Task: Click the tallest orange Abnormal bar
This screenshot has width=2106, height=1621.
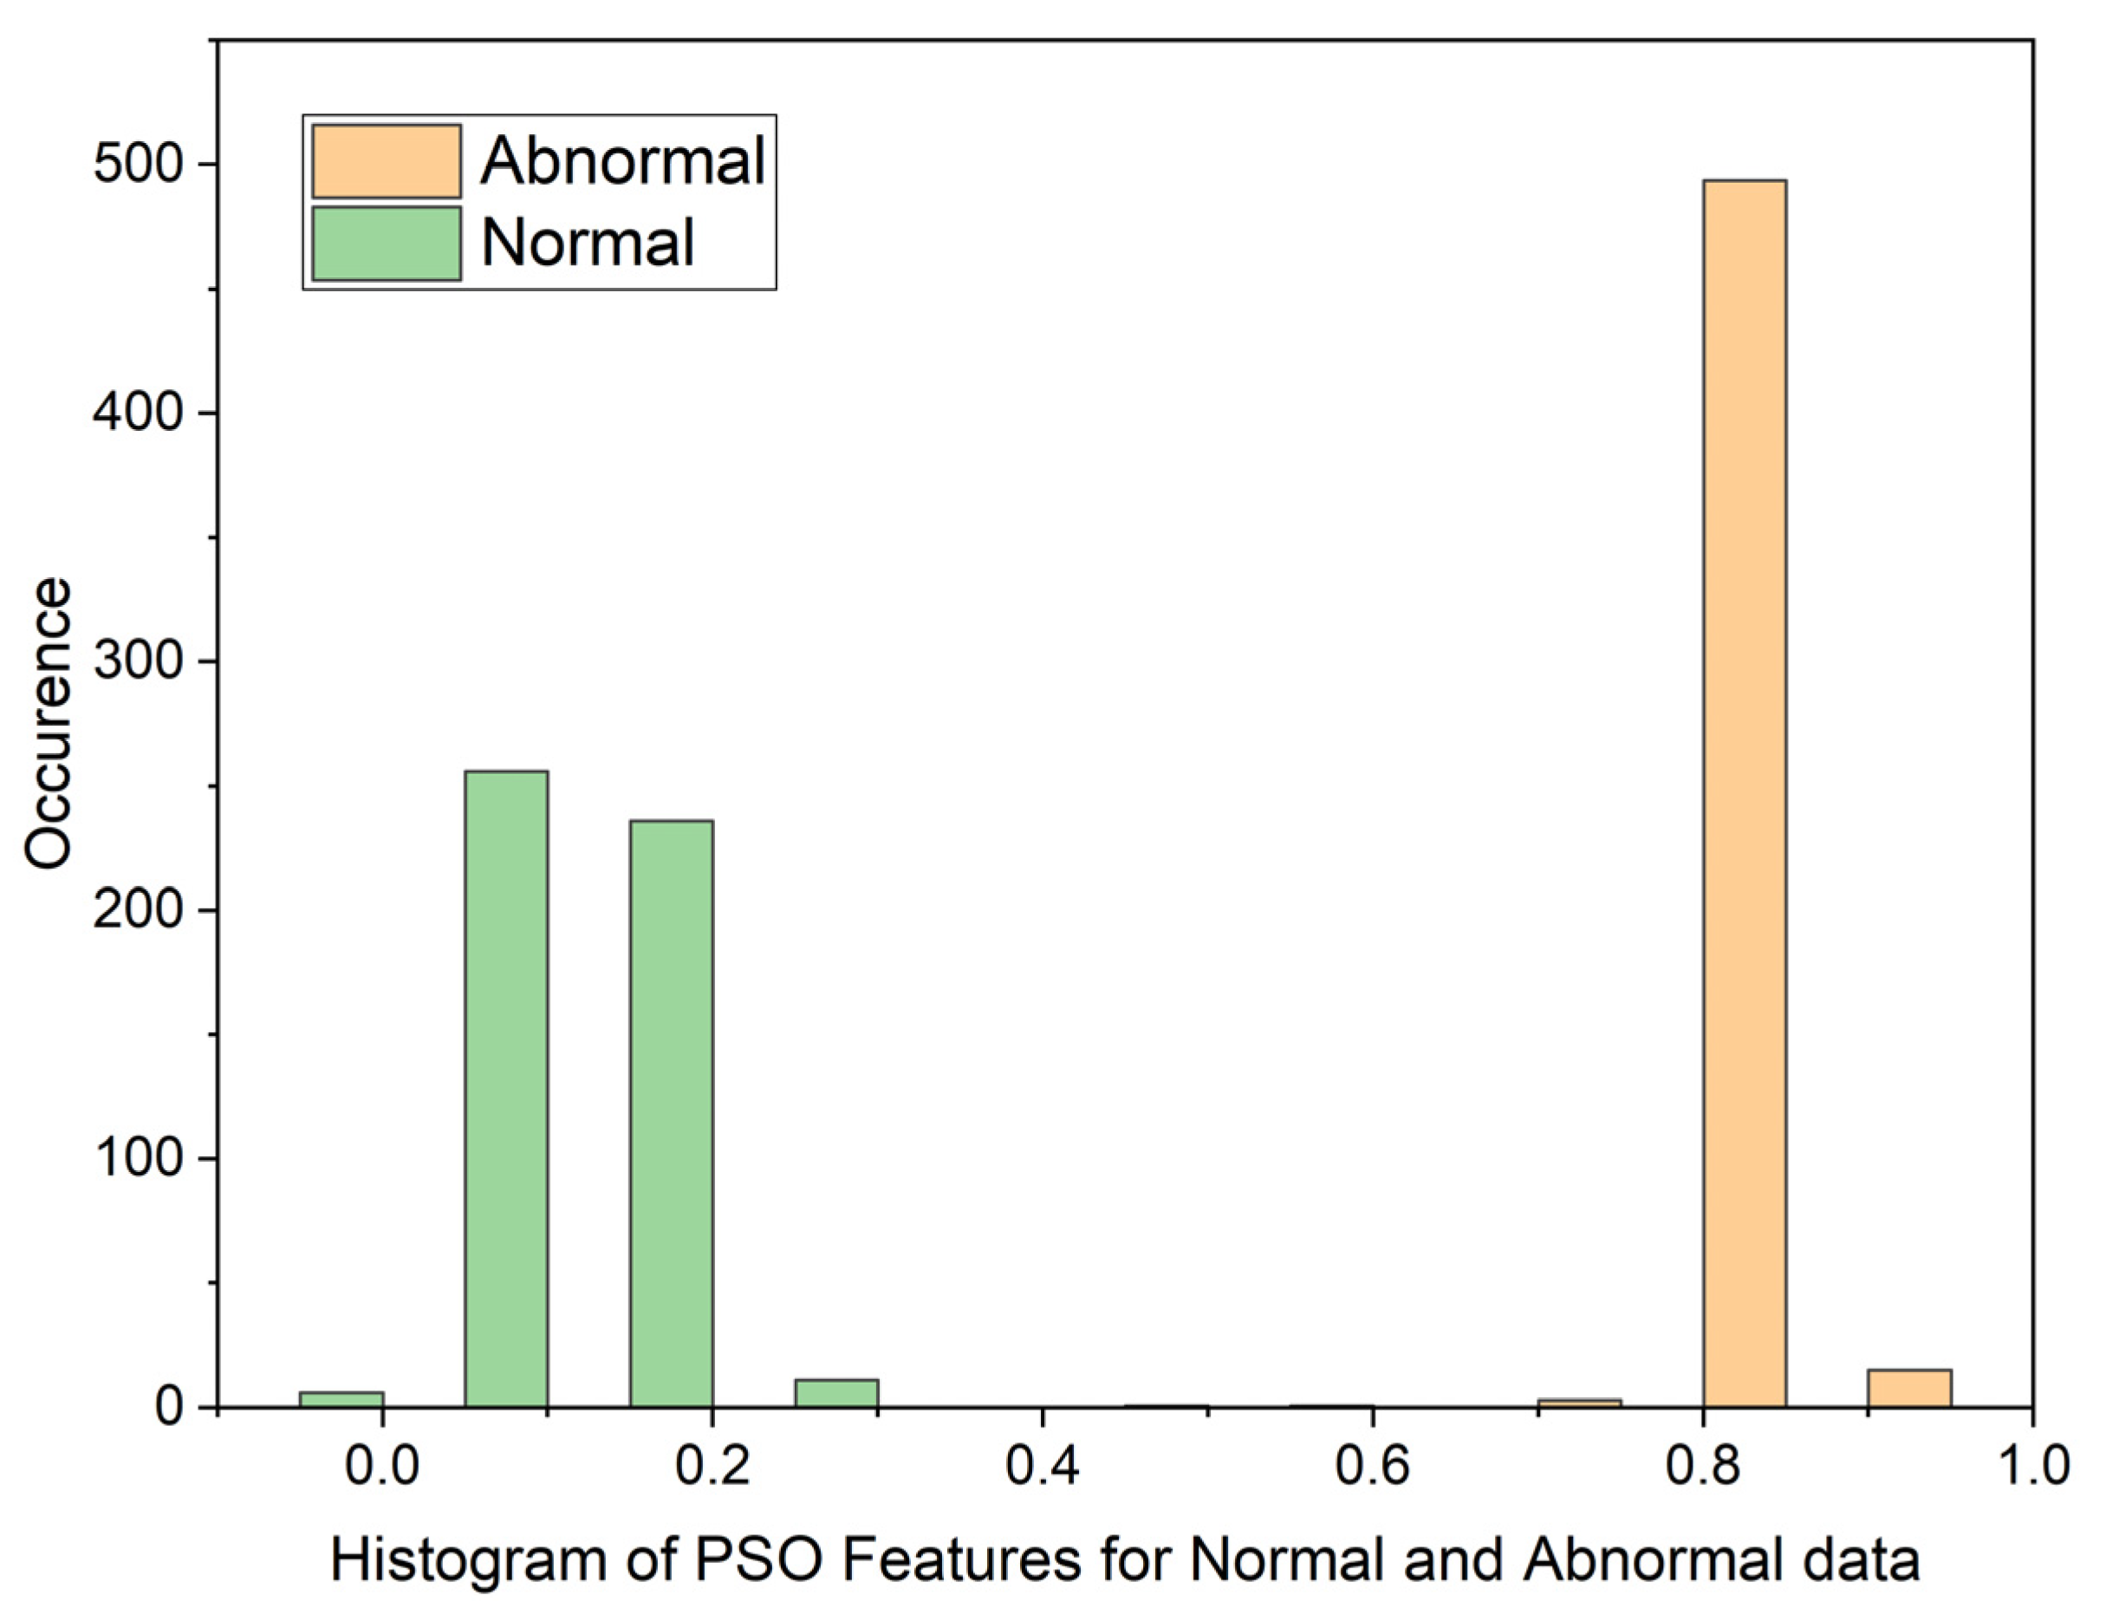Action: point(1744,791)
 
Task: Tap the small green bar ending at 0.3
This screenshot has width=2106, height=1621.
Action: point(836,1392)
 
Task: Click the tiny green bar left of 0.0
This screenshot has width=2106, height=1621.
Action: point(341,1398)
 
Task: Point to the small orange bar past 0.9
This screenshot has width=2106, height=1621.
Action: point(1909,1388)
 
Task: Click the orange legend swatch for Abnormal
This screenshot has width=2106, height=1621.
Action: point(386,161)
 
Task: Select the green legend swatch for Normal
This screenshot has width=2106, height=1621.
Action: point(386,243)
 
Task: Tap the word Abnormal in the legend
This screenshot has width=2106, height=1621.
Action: point(623,161)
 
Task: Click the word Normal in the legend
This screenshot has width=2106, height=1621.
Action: point(588,243)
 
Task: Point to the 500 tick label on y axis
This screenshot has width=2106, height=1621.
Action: point(138,165)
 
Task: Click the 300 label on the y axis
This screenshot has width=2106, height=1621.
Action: point(138,661)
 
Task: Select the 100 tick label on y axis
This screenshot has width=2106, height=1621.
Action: point(138,1158)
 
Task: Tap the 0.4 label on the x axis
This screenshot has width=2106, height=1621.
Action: point(1043,1465)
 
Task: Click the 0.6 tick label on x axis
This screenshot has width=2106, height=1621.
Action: point(1372,1465)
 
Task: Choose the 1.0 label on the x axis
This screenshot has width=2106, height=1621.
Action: point(2031,1465)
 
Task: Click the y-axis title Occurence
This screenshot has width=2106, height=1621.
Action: point(49,723)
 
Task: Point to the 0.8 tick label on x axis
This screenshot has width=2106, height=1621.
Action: point(1703,1465)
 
